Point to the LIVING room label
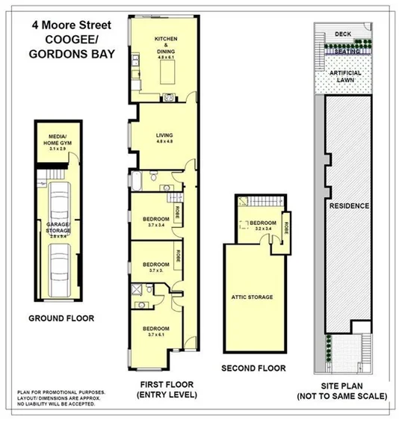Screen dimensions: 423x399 [164, 138]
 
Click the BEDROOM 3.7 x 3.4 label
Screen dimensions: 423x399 [156, 221]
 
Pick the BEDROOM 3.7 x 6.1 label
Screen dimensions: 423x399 [156, 332]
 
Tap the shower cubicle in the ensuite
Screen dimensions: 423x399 [137, 288]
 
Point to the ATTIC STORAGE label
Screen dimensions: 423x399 [252, 297]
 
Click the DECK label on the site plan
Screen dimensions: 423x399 [343, 34]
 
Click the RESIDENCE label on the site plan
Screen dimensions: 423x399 [350, 206]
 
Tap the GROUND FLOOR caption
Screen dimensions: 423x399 [61, 318]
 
